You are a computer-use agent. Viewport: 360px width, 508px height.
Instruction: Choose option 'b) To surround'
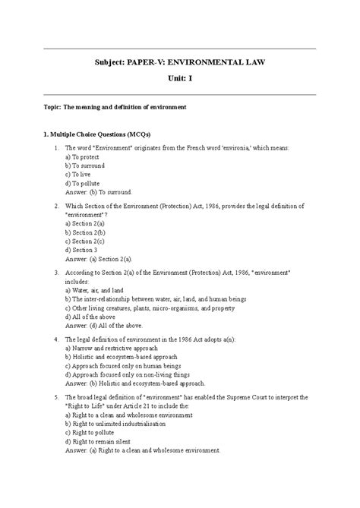click(85, 165)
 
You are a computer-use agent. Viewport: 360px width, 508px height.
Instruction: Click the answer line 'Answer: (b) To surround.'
click(99, 192)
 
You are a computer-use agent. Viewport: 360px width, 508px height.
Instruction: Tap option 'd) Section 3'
click(81, 250)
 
